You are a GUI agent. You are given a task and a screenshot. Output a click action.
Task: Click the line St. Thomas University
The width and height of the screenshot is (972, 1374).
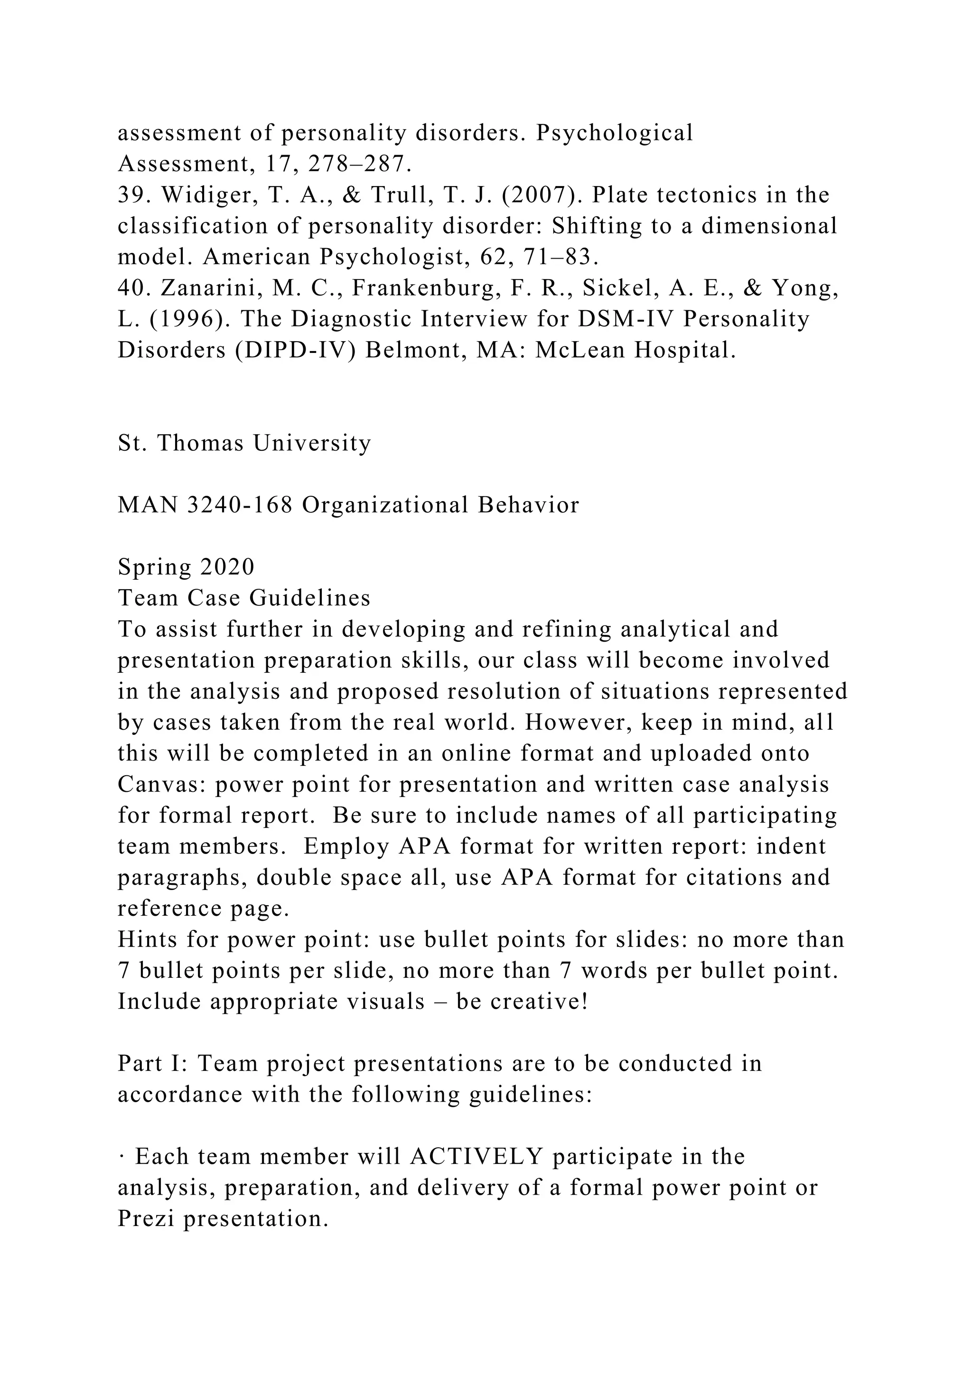pyautogui.click(x=244, y=444)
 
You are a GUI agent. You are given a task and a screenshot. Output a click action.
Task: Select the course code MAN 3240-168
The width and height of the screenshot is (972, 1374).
pyautogui.click(x=205, y=506)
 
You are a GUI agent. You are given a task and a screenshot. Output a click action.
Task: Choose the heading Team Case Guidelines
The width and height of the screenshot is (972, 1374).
pyautogui.click(x=244, y=598)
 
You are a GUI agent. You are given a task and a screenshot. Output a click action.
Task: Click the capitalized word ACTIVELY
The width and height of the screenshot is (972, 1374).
pyautogui.click(x=477, y=1157)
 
